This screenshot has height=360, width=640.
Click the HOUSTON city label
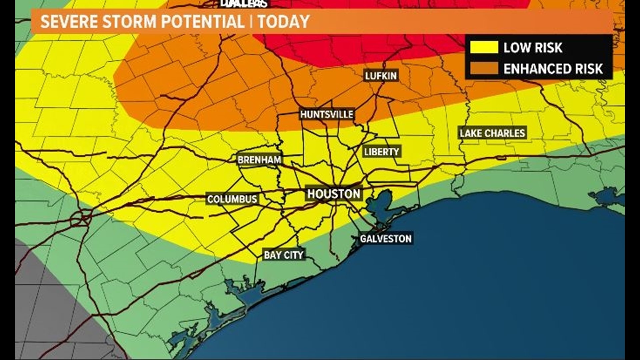334,194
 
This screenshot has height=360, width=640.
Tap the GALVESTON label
386,239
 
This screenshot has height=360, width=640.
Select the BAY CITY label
284,255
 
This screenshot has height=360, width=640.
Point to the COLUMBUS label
232,199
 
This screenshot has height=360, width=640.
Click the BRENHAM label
259,160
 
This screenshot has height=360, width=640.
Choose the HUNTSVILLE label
327,115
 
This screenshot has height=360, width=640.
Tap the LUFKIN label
381,76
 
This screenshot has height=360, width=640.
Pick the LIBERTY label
381,152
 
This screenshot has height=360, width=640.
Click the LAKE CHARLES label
492,133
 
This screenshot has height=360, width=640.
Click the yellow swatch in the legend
484,48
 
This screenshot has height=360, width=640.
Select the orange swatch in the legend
484,69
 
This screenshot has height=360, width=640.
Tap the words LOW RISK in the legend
533,48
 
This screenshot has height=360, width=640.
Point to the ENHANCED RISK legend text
553,69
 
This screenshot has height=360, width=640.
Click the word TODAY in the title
284,22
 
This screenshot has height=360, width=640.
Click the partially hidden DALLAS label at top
244,4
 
